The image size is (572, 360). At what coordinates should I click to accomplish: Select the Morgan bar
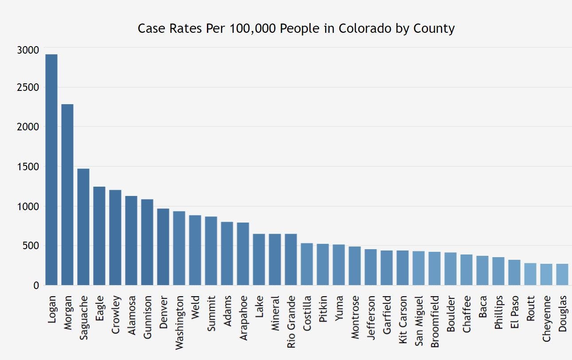(67, 195)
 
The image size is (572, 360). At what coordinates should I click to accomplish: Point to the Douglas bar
(562, 274)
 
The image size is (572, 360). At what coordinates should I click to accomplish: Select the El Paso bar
(514, 272)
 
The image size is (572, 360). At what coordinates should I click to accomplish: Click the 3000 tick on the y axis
(28, 50)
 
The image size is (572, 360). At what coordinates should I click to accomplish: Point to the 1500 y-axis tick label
(28, 167)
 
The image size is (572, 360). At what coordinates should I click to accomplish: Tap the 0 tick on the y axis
(36, 286)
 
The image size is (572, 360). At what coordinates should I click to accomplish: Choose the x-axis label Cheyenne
(546, 318)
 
